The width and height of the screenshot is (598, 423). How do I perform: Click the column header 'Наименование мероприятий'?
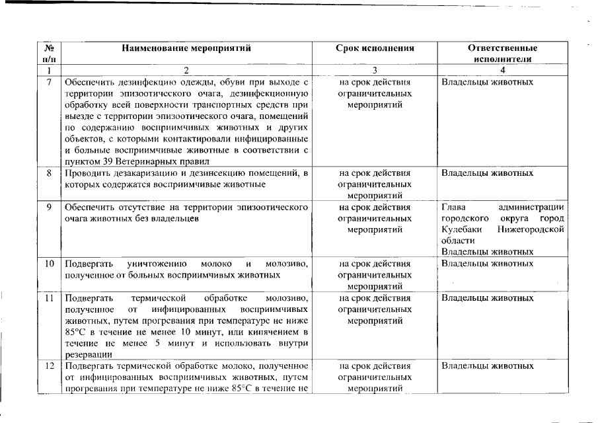click(186, 48)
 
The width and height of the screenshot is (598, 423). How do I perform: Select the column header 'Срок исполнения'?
click(375, 48)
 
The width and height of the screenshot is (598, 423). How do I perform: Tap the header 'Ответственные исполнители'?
click(502, 53)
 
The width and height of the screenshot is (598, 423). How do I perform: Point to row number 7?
click(49, 83)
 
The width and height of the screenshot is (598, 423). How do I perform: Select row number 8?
click(49, 173)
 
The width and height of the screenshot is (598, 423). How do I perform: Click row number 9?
click(49, 207)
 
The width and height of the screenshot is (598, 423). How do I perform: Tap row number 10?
click(49, 263)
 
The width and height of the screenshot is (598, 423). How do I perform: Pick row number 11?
click(49, 297)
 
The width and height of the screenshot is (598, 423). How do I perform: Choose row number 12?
click(49, 365)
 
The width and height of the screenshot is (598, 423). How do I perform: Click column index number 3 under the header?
click(375, 70)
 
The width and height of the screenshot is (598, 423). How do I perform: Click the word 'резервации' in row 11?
click(87, 354)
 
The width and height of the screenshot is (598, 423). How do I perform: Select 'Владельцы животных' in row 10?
click(487, 263)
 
